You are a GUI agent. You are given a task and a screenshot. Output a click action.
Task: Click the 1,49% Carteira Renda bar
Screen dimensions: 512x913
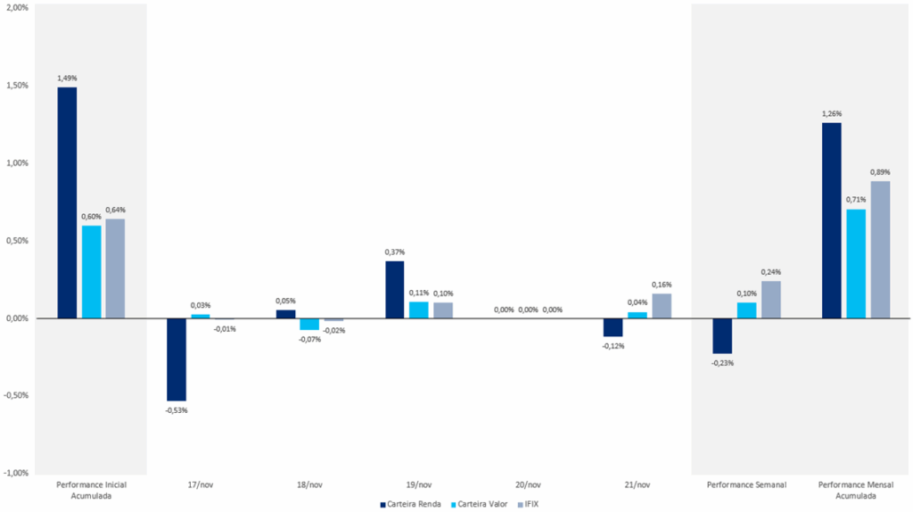click(67, 202)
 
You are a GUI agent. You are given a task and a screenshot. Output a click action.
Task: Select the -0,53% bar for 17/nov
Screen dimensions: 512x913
click(177, 359)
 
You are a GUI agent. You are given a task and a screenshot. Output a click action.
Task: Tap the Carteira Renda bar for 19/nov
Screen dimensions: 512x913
click(394, 289)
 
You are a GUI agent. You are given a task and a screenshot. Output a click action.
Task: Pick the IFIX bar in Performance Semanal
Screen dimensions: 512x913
click(770, 300)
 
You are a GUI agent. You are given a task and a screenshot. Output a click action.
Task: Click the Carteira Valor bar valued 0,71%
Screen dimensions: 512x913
click(855, 263)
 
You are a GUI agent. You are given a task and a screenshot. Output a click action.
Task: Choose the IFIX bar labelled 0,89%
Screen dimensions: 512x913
click(879, 250)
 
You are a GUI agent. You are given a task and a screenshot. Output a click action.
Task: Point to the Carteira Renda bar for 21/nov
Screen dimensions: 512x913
click(613, 327)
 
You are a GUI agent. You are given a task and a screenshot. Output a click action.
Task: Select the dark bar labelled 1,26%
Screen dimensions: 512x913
click(831, 220)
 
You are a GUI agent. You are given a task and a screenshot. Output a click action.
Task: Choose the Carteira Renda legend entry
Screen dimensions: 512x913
click(413, 504)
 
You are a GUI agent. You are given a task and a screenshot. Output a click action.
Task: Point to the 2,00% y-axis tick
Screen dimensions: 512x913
click(17, 8)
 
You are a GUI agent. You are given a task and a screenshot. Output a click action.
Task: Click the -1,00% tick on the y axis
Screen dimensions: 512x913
click(16, 473)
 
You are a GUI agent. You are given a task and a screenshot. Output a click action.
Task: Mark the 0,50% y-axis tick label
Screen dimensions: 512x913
click(17, 241)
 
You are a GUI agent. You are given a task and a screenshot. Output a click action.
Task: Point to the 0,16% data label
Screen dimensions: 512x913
click(662, 285)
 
